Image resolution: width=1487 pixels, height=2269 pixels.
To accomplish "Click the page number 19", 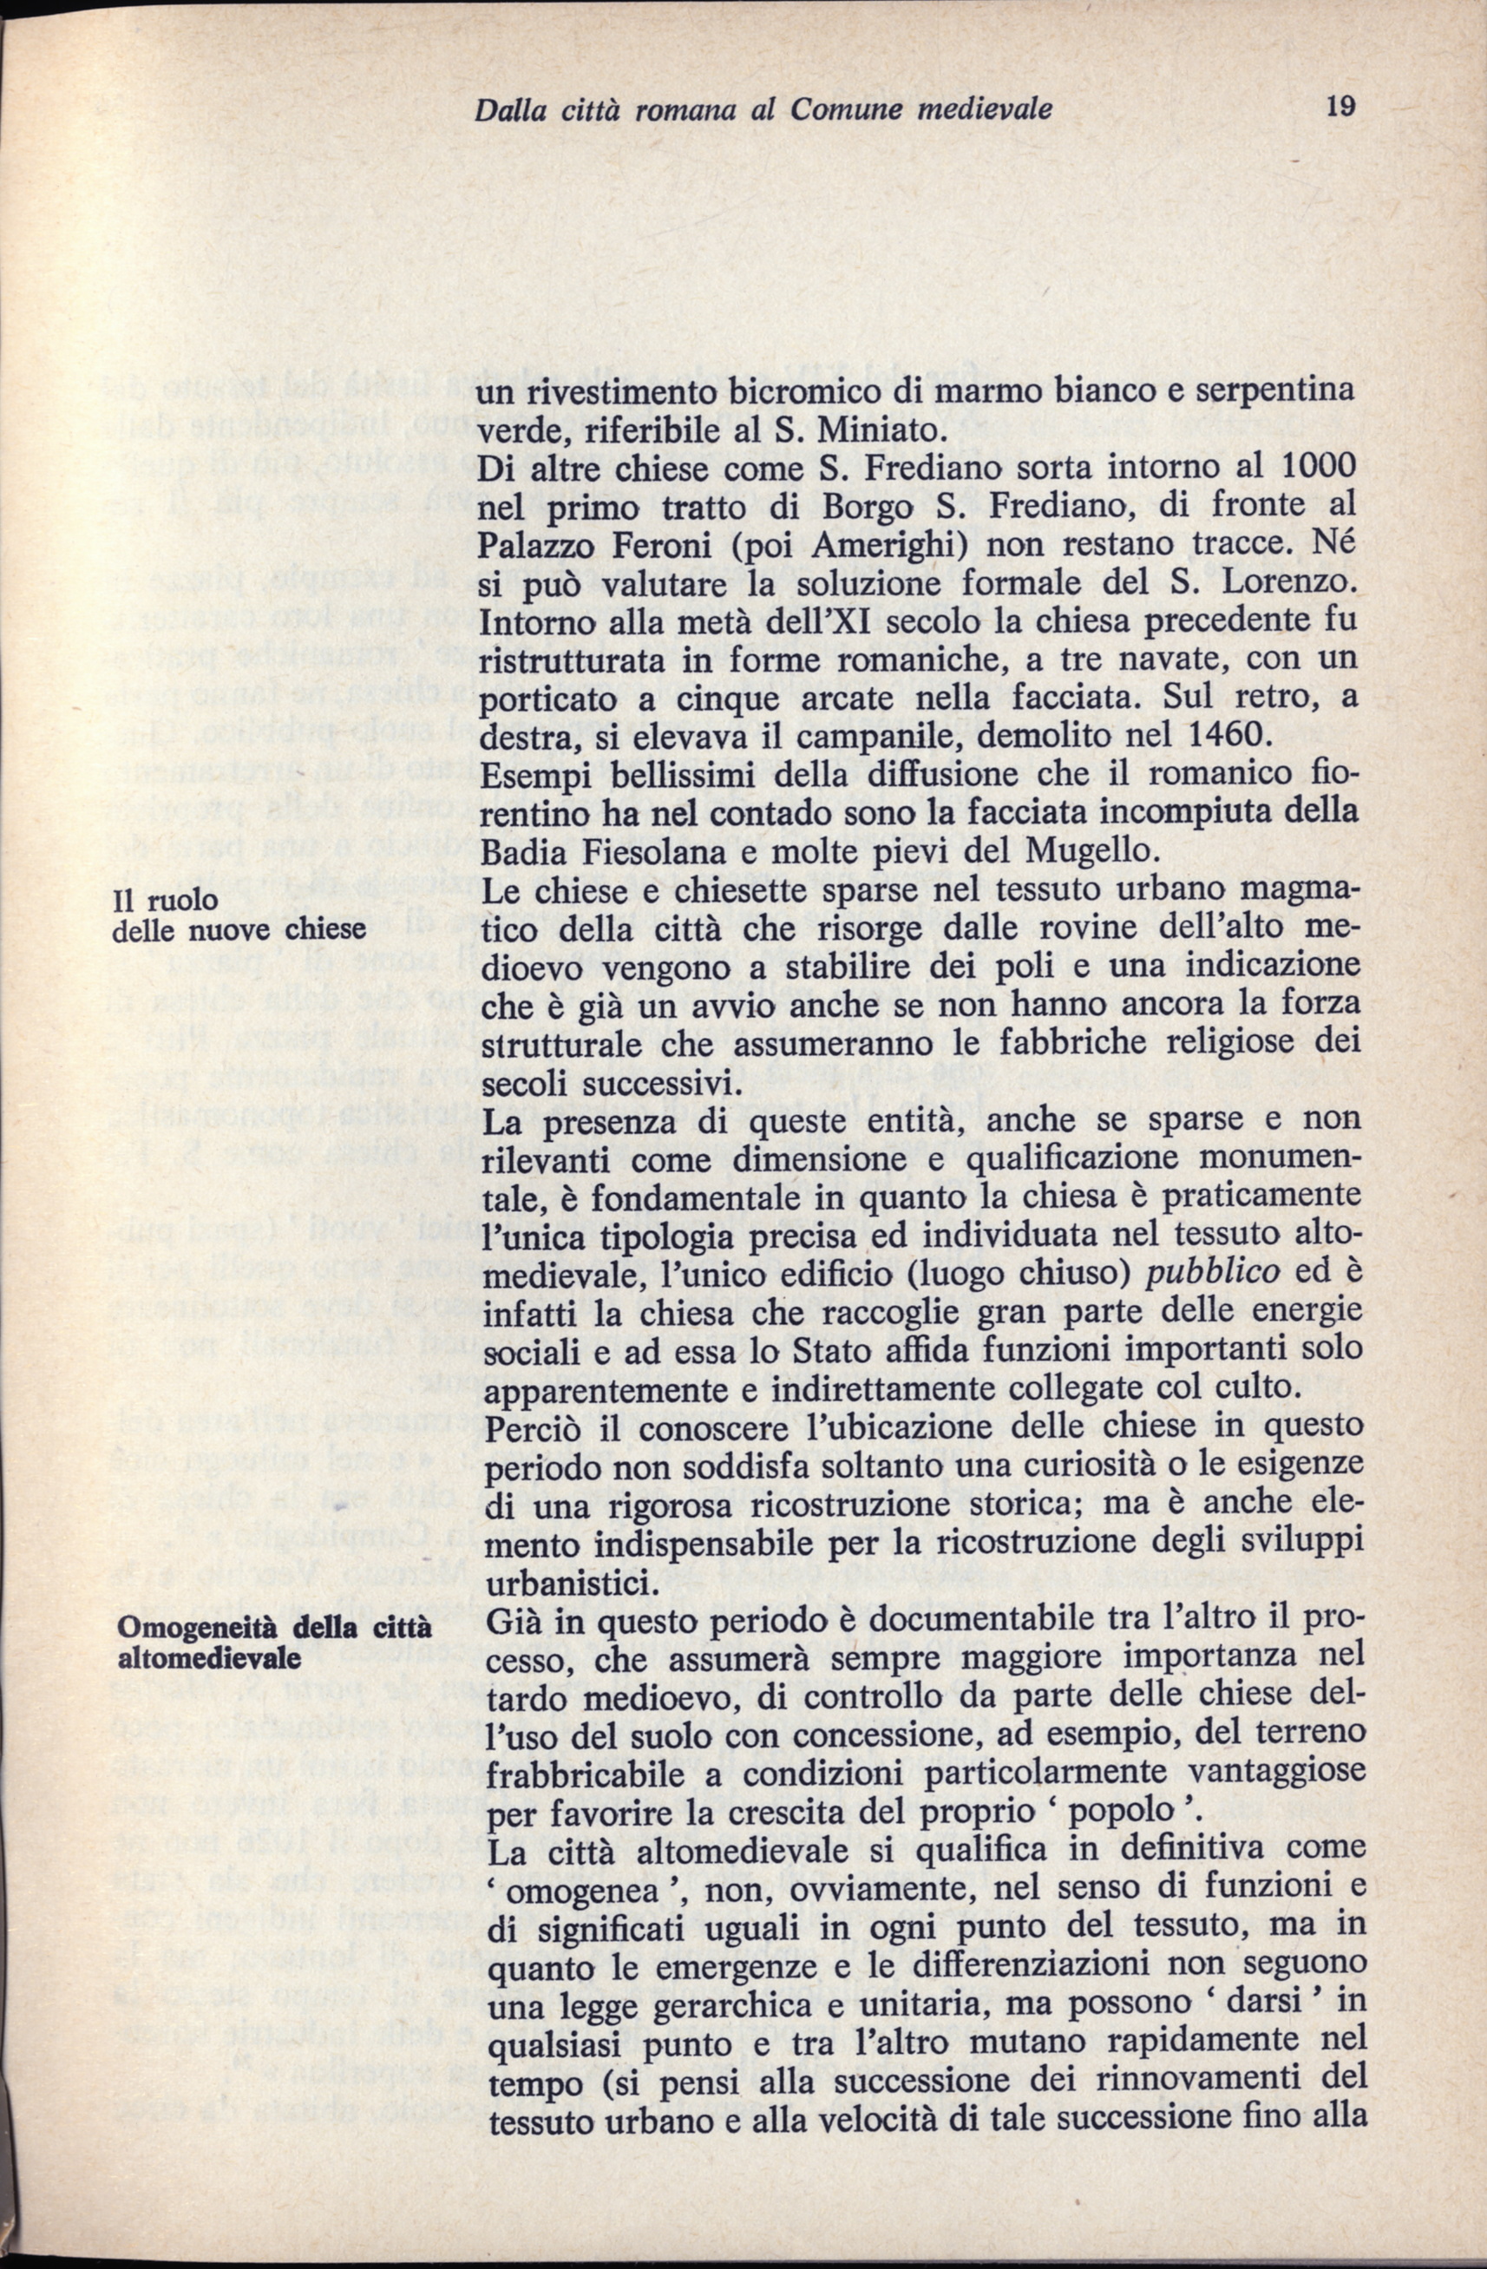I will click(1340, 107).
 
